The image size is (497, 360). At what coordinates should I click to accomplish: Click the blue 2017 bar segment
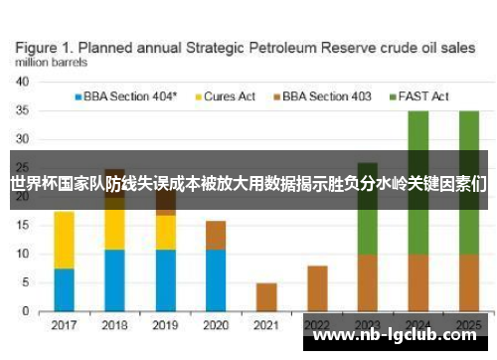tap(64, 290)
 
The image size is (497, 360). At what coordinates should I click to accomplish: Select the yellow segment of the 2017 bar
tap(64, 240)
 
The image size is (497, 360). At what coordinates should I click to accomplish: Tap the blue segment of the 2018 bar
tap(114, 281)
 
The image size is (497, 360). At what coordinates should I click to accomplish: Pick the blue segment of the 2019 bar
tap(165, 281)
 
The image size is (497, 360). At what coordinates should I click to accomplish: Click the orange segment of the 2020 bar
tap(216, 235)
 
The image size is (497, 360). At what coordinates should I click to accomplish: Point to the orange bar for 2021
tap(266, 297)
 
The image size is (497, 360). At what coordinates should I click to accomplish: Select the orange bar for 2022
tap(317, 288)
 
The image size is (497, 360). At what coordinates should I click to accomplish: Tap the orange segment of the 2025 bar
tap(469, 283)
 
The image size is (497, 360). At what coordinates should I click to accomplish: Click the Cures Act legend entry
tap(230, 96)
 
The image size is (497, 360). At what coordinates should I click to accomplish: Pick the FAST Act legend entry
tap(424, 96)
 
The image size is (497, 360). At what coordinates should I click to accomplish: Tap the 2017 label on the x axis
tap(64, 324)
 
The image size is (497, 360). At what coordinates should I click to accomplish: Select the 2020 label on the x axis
tap(216, 324)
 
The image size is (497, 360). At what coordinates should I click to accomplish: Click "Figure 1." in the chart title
tap(49, 46)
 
